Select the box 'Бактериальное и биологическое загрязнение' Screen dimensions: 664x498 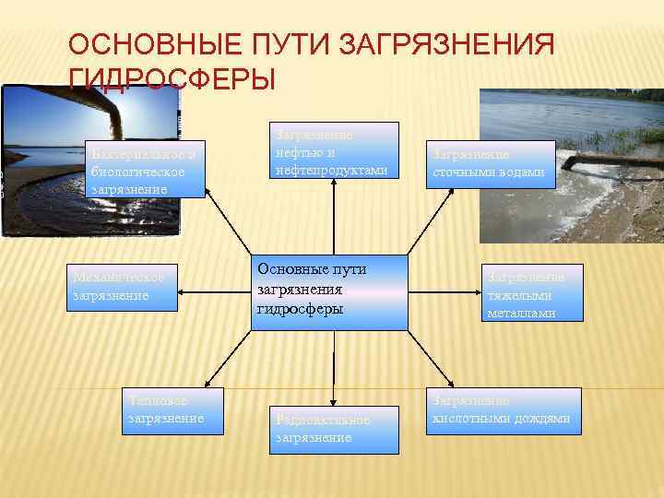pyautogui.click(x=144, y=170)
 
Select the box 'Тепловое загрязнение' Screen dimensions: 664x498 pyautogui.click(x=174, y=411)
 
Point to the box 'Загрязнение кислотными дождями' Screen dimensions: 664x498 pyautogui.click(x=504, y=411)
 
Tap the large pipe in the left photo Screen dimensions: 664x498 pyautogui.click(x=129, y=111)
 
